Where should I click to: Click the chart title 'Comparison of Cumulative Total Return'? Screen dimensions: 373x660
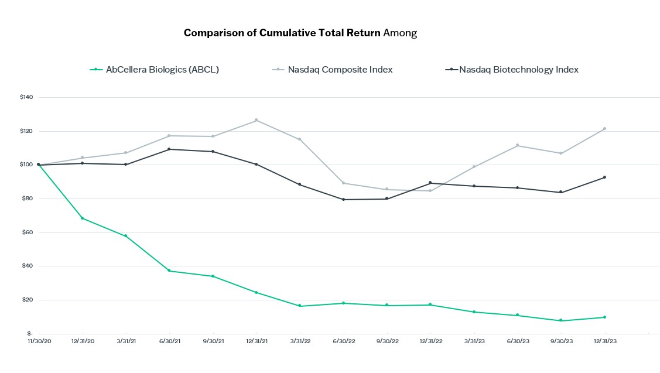click(282, 33)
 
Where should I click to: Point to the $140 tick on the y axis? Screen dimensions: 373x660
click(26, 97)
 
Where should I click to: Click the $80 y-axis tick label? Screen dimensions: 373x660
click(27, 199)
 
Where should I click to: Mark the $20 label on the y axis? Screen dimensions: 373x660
click(27, 300)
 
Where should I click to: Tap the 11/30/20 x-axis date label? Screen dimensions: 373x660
click(39, 341)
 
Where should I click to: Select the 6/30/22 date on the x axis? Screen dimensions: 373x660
click(343, 341)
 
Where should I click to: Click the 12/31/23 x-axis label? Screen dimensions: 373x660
click(604, 341)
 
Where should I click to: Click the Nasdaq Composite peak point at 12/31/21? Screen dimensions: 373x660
click(256, 121)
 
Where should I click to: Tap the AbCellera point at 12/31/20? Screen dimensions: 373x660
click(82, 218)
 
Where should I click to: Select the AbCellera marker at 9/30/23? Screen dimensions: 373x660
click(561, 320)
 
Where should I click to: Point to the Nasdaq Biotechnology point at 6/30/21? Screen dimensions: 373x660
click(169, 149)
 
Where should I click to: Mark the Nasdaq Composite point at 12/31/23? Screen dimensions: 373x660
click(604, 129)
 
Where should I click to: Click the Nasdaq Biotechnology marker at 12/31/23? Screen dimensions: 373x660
click(604, 177)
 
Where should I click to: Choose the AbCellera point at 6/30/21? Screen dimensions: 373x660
click(169, 271)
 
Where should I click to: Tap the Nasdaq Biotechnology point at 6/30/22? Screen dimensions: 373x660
click(343, 200)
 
